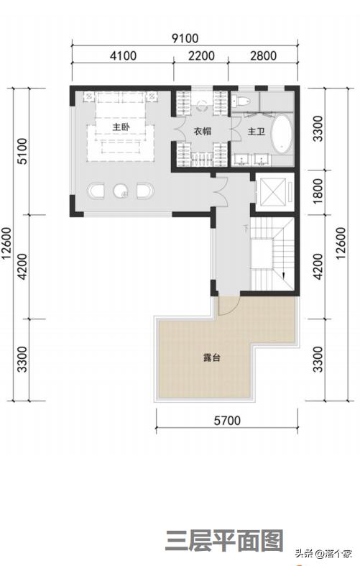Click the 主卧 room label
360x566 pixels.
click(x=121, y=127)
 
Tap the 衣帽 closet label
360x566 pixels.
click(x=203, y=132)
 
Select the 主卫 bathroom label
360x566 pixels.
click(x=256, y=132)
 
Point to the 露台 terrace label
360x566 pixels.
click(x=211, y=358)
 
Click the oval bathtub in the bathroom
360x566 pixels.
click(x=282, y=134)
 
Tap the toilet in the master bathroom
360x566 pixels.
click(x=241, y=101)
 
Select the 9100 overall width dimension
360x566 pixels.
click(x=185, y=38)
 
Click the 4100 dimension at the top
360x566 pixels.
click(x=123, y=56)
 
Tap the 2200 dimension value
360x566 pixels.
click(x=201, y=56)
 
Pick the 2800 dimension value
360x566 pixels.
click(x=263, y=56)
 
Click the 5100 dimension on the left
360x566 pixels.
click(x=22, y=151)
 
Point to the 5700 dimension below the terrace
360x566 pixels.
click(x=227, y=421)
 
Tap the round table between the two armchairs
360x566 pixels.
click(x=121, y=191)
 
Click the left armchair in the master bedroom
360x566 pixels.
click(x=96, y=191)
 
